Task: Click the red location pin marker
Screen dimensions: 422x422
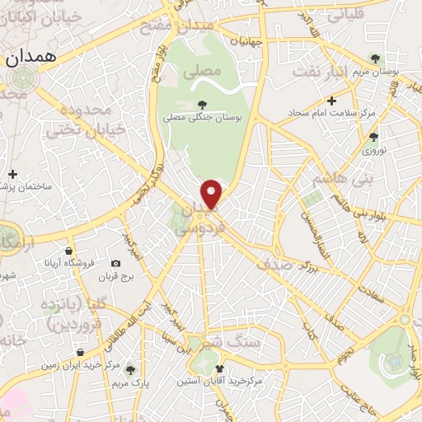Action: coord(213,194)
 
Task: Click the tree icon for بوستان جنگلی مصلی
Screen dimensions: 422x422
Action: coord(203,104)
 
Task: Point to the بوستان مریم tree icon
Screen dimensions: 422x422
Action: coord(377,59)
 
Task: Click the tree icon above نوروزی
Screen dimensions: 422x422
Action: coord(373,137)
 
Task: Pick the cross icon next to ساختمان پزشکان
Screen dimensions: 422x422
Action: coord(12,174)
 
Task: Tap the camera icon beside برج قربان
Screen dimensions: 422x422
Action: coord(115,264)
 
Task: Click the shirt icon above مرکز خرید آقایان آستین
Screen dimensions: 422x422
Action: coord(219,369)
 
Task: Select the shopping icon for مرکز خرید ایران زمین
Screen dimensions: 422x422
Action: coord(79,352)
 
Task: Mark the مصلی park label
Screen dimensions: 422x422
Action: coord(207,72)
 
